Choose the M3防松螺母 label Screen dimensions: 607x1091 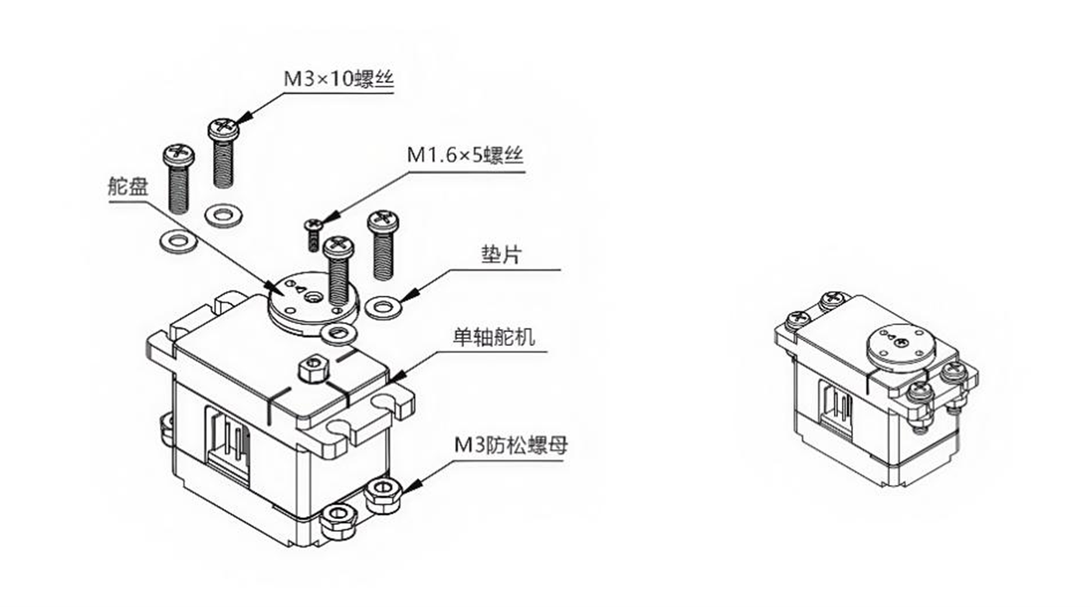click(x=510, y=446)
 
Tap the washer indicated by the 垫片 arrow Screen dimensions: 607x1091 click(x=384, y=306)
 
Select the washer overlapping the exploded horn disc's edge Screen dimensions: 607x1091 click(x=338, y=333)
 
